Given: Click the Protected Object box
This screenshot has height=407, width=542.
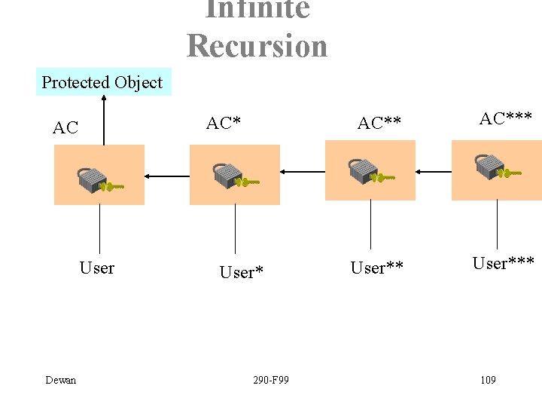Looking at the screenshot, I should [103, 82].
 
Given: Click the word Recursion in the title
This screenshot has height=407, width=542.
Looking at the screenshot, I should [257, 45].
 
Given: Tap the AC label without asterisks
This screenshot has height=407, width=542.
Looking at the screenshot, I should [65, 127].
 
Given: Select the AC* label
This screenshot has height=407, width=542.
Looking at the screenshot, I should [224, 123].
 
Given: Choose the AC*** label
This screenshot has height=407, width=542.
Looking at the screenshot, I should [506, 118].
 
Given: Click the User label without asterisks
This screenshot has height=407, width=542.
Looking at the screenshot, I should [97, 268].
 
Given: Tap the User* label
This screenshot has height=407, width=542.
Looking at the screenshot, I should [241, 272].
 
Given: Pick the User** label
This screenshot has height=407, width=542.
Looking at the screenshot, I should [376, 268].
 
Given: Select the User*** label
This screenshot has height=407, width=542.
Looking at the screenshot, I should [503, 263].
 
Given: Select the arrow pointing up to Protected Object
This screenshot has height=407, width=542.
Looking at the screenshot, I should [105, 121].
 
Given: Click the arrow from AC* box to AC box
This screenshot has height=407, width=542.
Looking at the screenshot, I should [167, 176].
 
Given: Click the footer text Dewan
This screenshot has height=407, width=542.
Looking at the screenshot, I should [61, 380].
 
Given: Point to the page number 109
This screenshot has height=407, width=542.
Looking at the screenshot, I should [488, 380].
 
